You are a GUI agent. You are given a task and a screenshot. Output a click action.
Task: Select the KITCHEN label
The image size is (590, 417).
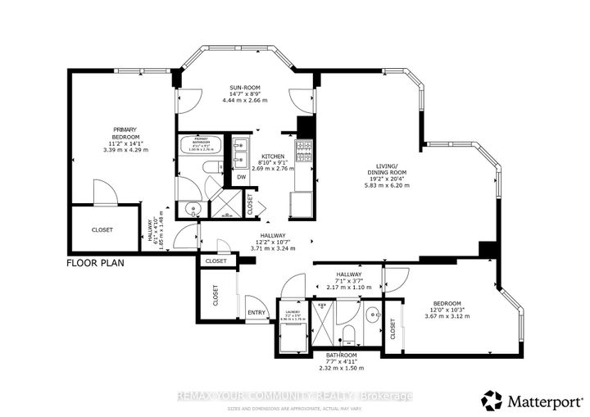point(272,156)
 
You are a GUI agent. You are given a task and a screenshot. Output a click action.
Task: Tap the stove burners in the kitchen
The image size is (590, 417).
point(305,150)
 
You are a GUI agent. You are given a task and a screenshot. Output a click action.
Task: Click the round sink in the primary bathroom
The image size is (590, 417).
point(190,208)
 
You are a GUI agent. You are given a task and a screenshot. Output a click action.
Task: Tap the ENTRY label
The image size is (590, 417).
point(256,311)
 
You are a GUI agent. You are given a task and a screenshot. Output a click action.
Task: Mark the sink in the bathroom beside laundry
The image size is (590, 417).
point(372,312)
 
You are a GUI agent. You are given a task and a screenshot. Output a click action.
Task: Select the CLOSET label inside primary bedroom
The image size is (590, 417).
point(102,230)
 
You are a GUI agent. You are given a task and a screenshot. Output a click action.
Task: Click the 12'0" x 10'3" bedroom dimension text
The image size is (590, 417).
point(447,309)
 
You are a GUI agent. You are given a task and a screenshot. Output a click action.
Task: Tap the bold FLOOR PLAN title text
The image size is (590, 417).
point(98,264)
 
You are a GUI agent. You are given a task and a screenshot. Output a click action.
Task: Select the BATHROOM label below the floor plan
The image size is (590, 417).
point(329,356)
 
